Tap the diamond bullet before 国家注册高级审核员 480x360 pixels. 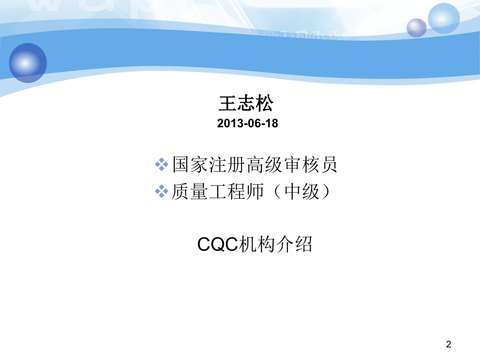tap(162, 165)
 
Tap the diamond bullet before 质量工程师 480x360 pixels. tap(162, 191)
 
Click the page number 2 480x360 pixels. tap(449, 344)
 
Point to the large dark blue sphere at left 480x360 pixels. tap(28, 63)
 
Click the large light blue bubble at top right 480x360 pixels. tap(443, 18)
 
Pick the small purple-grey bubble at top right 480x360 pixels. tap(416, 28)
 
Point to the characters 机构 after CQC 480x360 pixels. tap(256, 244)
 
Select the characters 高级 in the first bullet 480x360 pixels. tap(264, 165)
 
